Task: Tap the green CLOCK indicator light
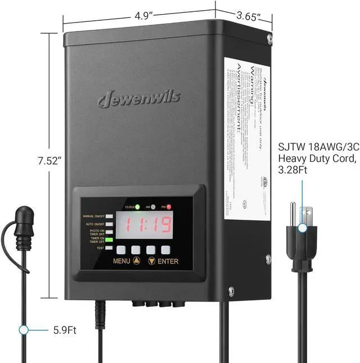[x=137, y=207]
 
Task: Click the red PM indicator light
[x=168, y=207]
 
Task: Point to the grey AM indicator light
[x=152, y=207]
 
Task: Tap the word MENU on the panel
[x=121, y=261]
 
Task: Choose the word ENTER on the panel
[x=168, y=261]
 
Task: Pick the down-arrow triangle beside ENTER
[x=151, y=261]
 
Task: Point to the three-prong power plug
[x=302, y=230]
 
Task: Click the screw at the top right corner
[x=269, y=39]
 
